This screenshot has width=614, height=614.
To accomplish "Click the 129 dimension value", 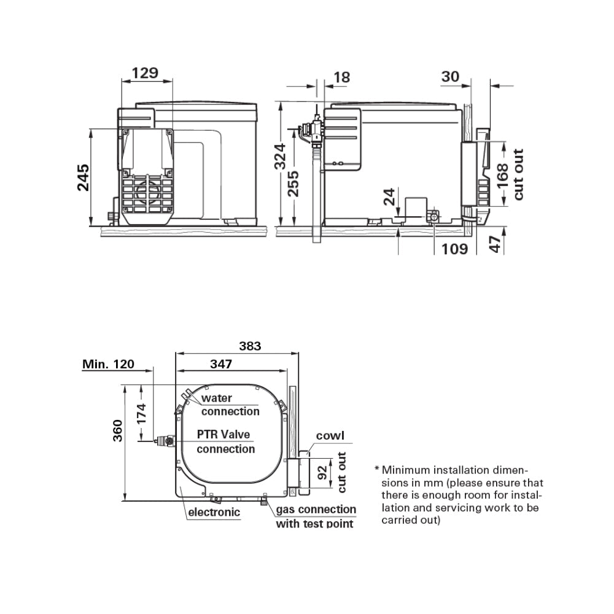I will click(x=145, y=72).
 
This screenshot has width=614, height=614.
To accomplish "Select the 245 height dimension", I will click(x=84, y=177).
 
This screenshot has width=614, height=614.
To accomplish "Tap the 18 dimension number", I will click(x=341, y=77).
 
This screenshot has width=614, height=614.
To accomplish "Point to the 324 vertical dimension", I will click(x=279, y=157).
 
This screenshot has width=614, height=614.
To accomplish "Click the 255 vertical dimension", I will click(x=293, y=184).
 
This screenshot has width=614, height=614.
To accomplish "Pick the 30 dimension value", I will click(x=450, y=76).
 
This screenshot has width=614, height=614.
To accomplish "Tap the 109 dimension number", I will click(x=455, y=249).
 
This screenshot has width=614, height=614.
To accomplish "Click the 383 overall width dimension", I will click(x=250, y=346).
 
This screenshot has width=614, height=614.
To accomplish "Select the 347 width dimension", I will click(x=220, y=364).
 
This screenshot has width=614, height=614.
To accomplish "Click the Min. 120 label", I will click(x=108, y=364).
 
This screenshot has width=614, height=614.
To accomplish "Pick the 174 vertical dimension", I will click(x=142, y=416).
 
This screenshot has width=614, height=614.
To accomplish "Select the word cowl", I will click(x=330, y=436).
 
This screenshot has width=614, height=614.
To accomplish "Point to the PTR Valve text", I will click(x=223, y=435).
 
